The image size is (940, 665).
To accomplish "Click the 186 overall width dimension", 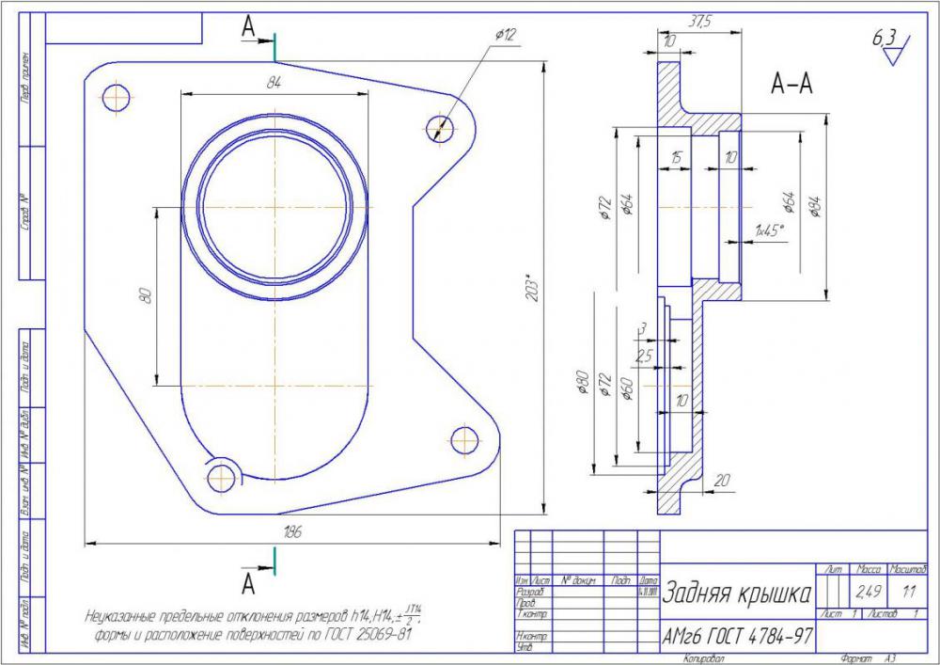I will (x=292, y=532).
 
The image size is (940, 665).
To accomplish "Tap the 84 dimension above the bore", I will (x=274, y=83).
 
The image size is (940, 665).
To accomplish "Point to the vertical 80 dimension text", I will (x=145, y=295).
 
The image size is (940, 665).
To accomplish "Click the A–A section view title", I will (x=791, y=85).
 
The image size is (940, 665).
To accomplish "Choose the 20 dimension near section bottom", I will (x=722, y=481).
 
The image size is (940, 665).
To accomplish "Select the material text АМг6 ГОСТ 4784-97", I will (x=738, y=637).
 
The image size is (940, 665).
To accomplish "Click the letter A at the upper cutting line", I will (x=249, y=28).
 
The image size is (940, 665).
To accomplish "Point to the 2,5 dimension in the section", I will (x=643, y=357).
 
